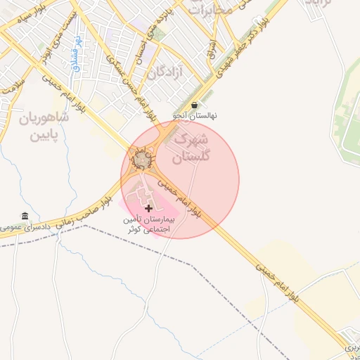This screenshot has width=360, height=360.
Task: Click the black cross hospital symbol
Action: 148,208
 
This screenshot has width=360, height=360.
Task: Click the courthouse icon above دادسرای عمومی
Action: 25,216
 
